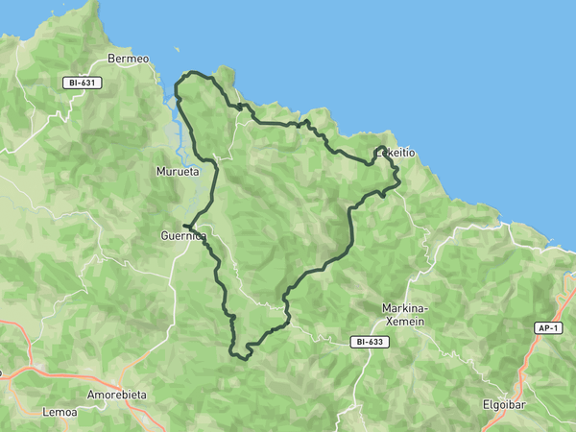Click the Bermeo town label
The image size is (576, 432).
point(128,59)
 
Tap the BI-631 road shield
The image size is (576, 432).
point(82,83)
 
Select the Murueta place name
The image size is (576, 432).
point(178,172)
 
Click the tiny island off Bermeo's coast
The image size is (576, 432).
point(177,52)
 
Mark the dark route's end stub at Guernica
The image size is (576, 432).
point(184,227)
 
